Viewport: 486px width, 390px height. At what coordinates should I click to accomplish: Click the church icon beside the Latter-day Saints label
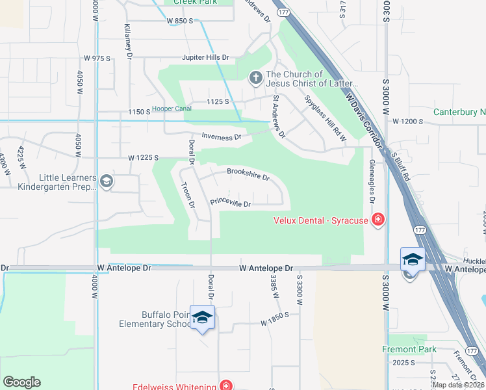[255, 79]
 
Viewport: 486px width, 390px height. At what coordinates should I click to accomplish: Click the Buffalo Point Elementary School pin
[202, 317]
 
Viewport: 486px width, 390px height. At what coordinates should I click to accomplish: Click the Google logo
[21, 382]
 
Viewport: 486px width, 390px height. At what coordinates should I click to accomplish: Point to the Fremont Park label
[409, 349]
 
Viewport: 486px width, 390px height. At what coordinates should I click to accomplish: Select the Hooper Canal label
[172, 109]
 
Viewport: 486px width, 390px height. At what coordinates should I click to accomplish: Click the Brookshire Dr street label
[248, 174]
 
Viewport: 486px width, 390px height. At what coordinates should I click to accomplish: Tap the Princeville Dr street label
[231, 203]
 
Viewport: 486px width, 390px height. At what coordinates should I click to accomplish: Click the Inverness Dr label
[222, 137]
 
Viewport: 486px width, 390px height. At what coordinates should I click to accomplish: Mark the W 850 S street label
[180, 21]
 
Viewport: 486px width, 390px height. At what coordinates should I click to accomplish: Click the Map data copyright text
[458, 385]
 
